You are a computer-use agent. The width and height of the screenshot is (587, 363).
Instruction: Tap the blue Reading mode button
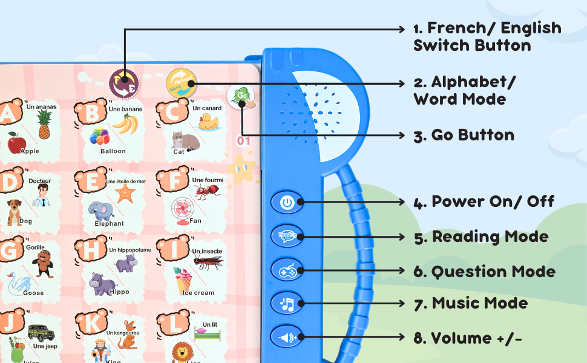287,236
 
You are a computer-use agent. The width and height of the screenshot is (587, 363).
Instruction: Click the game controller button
287,270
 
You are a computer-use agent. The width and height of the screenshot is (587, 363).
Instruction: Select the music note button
287,303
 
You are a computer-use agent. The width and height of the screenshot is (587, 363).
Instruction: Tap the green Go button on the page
240,96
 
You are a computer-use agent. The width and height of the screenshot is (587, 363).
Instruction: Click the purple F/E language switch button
123,82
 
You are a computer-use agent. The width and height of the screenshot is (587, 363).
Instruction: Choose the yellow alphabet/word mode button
181,82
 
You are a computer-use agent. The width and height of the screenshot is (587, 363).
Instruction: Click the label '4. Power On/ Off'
484,202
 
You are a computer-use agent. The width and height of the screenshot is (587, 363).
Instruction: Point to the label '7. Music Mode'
471,303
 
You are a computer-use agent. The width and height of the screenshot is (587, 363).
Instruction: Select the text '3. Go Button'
464,135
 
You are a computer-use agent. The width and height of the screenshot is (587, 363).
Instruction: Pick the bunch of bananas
125,123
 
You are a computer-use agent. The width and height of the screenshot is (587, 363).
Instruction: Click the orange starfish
125,194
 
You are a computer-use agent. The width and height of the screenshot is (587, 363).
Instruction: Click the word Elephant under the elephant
109,223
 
